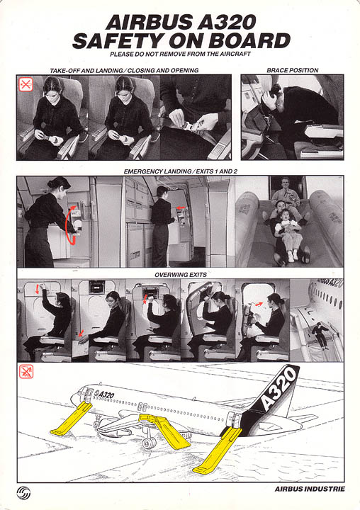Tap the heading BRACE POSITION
pyautogui.click(x=292, y=70)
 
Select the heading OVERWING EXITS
pyautogui.click(x=179, y=274)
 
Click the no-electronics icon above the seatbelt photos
pyautogui.click(x=26, y=85)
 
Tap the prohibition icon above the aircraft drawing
pyautogui.click(x=26, y=371)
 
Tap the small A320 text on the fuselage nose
pyautogui.click(x=105, y=395)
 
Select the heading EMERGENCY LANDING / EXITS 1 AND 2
pyautogui.click(x=179, y=171)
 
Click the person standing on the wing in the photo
pyautogui.click(x=323, y=334)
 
